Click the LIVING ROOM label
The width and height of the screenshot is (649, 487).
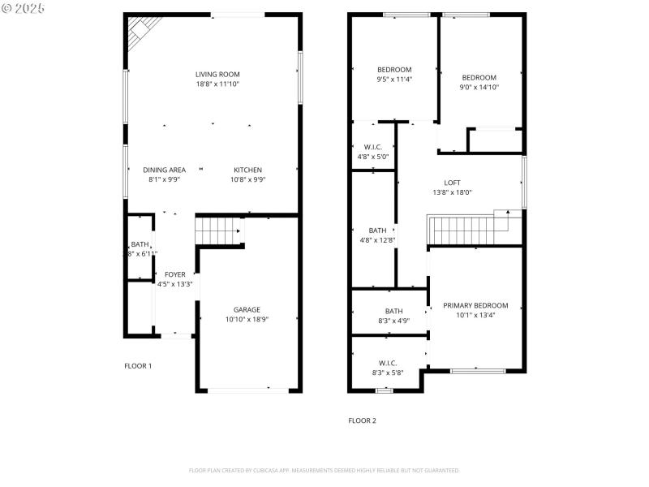pos(217,74)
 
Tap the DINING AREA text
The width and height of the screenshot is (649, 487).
pos(165,170)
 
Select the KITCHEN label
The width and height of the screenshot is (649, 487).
pos(247,170)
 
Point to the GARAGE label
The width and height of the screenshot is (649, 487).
pos(247,309)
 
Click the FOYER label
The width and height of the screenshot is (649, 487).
pos(174,274)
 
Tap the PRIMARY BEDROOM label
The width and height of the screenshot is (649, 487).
pos(475,305)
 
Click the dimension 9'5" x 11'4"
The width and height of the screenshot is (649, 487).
pos(394,80)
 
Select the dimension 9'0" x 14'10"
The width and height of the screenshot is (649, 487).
pos(479,88)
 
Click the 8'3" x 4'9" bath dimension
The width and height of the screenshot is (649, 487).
pos(393,321)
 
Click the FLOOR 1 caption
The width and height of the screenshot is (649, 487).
pos(138,366)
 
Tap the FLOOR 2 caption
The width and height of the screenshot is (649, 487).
pos(363,420)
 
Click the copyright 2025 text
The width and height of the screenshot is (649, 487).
pos(24,8)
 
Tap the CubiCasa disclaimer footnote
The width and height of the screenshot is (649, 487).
pos(324,470)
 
